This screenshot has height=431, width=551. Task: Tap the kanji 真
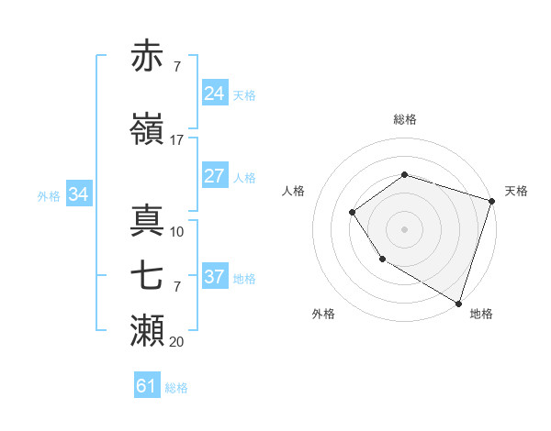click(x=147, y=220)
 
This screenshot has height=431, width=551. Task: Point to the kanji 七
click(x=147, y=275)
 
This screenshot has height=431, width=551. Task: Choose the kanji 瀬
click(x=147, y=330)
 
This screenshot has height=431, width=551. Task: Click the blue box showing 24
click(x=215, y=94)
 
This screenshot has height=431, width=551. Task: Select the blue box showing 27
click(x=215, y=177)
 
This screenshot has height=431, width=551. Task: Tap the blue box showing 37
click(x=215, y=277)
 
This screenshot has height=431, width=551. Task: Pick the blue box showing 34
click(x=79, y=194)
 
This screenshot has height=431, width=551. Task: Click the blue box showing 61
click(x=147, y=387)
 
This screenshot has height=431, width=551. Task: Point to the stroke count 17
click(x=177, y=140)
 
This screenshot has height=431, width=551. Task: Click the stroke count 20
click(x=177, y=342)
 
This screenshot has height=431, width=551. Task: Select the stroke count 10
click(x=177, y=232)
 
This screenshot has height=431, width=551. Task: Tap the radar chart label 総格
click(x=404, y=120)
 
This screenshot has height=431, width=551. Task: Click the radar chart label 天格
click(x=516, y=191)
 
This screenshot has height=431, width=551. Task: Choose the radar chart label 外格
click(x=323, y=315)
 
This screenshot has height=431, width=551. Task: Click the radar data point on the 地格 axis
click(x=458, y=303)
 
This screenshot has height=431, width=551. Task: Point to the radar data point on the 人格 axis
click(x=352, y=213)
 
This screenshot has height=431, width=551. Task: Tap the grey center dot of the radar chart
click(x=404, y=229)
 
